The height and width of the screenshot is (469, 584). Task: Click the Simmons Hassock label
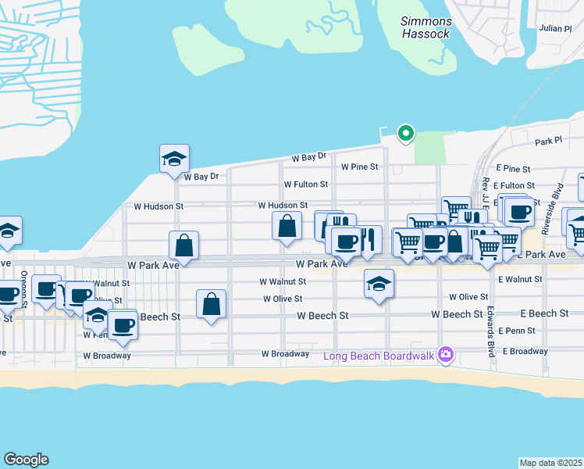426,28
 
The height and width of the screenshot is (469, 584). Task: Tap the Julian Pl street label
555,28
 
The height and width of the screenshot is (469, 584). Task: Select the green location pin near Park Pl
405,134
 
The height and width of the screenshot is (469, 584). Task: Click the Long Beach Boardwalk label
380,356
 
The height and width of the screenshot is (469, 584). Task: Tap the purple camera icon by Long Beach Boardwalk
445,356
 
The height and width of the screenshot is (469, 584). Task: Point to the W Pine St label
359,166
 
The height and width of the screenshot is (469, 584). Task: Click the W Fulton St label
305,184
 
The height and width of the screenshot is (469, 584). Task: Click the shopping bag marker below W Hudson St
287,227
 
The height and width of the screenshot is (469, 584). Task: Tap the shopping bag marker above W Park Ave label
183,245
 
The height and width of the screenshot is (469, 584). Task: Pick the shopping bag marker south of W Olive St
212,304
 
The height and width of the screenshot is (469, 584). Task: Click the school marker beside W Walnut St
379,284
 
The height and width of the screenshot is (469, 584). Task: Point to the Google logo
26,460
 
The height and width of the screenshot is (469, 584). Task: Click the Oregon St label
24,288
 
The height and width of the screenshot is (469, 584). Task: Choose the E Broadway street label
525,352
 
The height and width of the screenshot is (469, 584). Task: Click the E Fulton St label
516,184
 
